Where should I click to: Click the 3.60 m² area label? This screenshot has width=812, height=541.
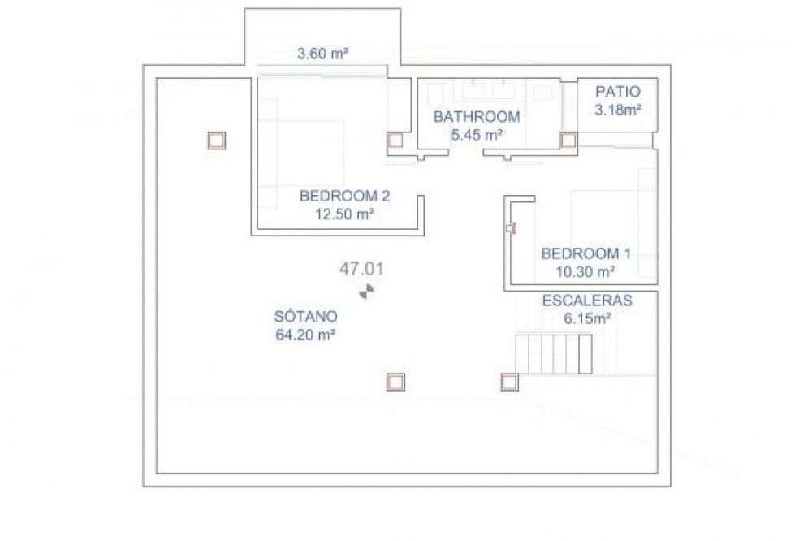(322, 54)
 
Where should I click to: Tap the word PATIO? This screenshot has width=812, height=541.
(618, 92)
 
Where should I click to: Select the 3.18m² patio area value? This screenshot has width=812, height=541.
(618, 110)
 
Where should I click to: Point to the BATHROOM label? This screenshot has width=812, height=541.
(477, 117)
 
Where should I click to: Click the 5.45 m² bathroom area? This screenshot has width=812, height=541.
(477, 135)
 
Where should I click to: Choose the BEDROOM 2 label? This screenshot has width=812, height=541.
(345, 196)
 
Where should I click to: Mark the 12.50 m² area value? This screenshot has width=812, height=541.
(345, 214)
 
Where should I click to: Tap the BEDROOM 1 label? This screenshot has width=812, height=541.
(585, 253)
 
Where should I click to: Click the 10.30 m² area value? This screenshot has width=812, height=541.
(585, 271)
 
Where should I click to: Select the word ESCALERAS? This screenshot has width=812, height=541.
(587, 301)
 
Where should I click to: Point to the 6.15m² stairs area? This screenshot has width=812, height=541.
(587, 318)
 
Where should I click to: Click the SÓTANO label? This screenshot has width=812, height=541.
(305, 316)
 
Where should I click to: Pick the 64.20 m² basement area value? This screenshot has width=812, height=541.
(305, 335)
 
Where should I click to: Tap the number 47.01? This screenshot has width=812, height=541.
(361, 269)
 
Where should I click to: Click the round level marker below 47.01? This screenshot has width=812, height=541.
(366, 292)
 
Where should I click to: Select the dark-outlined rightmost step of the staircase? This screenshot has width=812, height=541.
(585, 354)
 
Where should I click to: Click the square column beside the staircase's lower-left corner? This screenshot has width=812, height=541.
(510, 383)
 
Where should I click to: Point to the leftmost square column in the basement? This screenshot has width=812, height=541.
(217, 141)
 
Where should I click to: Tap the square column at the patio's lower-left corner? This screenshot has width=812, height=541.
(568, 140)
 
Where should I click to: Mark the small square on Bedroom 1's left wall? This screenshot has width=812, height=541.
(511, 227)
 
